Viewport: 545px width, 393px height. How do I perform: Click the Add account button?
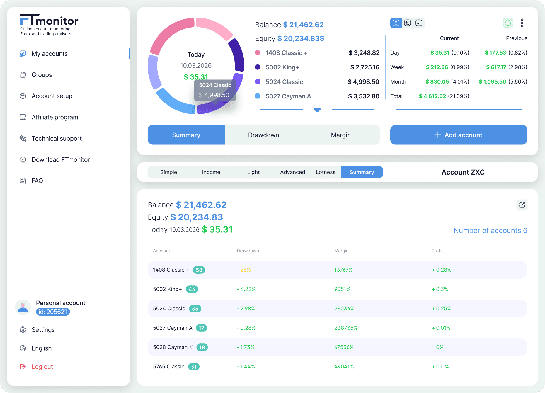click(459, 135)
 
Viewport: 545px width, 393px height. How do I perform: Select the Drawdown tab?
click(263, 135)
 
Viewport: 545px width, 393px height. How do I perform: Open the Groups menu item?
click(42, 75)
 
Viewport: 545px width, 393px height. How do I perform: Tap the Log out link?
click(42, 367)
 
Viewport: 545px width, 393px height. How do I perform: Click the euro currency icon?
click(407, 23)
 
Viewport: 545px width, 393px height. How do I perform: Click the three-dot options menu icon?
click(522, 23)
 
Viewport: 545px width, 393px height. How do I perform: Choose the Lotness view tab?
click(325, 172)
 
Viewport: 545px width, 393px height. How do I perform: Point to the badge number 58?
click(199, 270)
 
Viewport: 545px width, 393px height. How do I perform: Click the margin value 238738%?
click(346, 328)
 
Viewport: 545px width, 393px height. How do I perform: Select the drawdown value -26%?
click(244, 270)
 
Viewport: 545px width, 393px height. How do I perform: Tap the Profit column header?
click(437, 251)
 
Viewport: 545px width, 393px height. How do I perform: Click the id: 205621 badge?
click(53, 312)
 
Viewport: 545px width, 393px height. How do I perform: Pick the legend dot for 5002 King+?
click(258, 67)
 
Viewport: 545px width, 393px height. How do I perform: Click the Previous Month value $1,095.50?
click(492, 82)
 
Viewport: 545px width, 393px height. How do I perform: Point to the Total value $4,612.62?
click(432, 96)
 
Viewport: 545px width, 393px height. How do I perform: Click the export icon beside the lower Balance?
click(522, 205)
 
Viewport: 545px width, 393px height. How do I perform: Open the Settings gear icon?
click(23, 330)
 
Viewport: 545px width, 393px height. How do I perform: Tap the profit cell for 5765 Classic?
click(440, 367)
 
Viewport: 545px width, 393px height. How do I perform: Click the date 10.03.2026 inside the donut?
click(196, 66)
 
